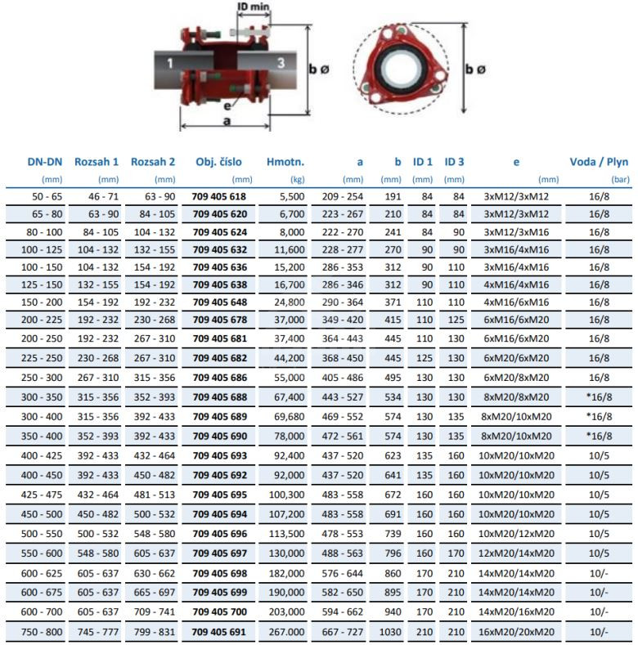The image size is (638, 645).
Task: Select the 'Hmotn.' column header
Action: [285, 161]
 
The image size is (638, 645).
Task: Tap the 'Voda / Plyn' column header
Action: [599, 161]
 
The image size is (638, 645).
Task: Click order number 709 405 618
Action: [218, 197]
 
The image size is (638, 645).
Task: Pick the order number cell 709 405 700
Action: [218, 611]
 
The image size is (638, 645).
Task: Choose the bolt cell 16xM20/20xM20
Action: [515, 632]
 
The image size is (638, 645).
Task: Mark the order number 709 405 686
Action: [218, 377]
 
